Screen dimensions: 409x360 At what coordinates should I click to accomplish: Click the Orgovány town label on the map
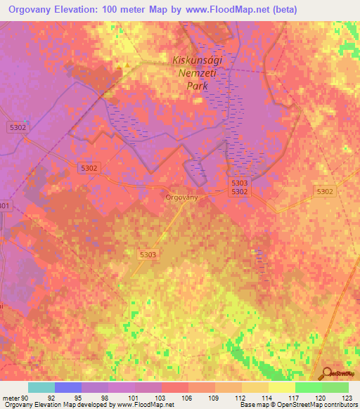[x=181, y=197]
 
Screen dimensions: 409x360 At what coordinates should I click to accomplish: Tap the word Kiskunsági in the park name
[x=198, y=60]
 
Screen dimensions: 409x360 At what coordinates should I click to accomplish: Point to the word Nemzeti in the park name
[x=198, y=72]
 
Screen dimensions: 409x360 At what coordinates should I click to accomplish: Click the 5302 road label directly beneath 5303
[x=240, y=191]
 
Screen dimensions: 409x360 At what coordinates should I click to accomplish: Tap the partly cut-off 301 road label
[x=5, y=205]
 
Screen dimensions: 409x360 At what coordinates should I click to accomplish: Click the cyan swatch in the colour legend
[x=41, y=387]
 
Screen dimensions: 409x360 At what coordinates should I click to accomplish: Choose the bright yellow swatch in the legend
[x=281, y=387]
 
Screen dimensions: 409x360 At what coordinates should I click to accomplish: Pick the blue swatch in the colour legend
[x=67, y=387]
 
